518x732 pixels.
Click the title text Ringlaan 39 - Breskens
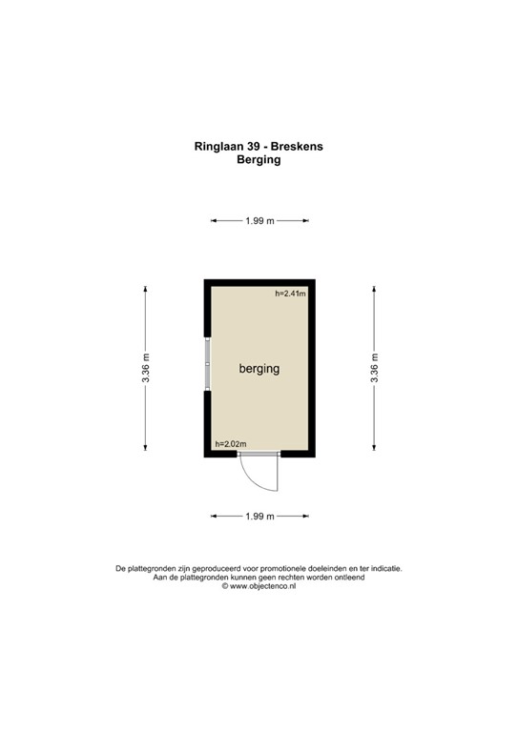(259, 148)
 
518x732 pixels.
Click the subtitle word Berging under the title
(259, 161)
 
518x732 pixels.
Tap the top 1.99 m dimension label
(259, 221)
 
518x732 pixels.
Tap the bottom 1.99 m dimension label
(259, 517)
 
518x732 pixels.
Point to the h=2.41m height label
(290, 294)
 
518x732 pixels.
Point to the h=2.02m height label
(231, 443)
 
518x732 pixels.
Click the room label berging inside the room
(259, 368)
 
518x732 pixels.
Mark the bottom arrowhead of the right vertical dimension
(375, 450)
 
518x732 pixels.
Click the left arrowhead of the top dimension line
(214, 221)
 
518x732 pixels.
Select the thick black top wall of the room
(259, 283)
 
